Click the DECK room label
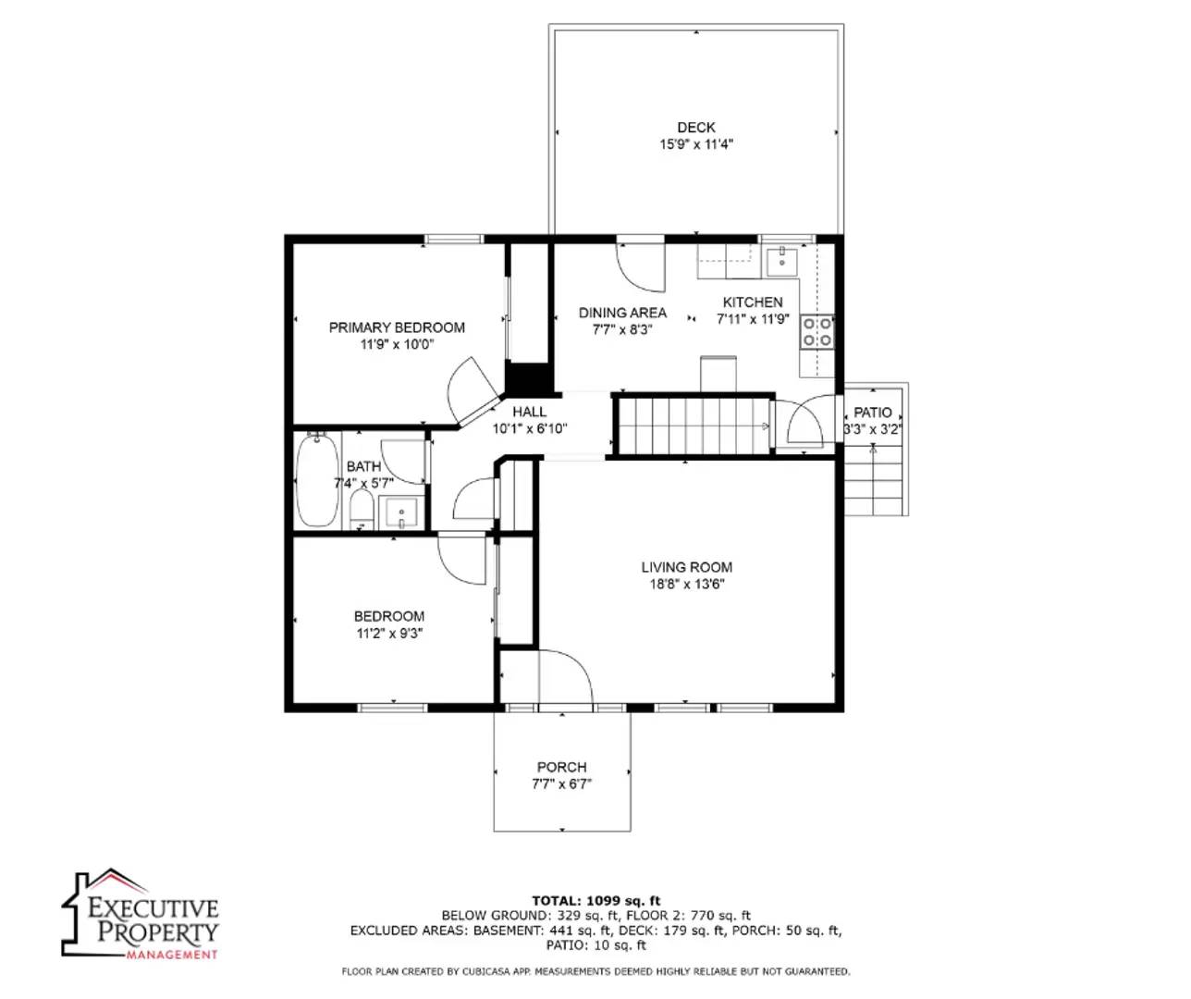click(x=695, y=128)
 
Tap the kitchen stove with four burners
click(x=817, y=332)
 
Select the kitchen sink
click(x=782, y=261)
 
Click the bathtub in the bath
click(x=316, y=481)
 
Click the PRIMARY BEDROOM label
click(x=397, y=327)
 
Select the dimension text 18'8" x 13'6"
click(x=686, y=585)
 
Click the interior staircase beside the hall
click(x=694, y=425)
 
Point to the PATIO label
click(x=872, y=413)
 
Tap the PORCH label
click(x=561, y=767)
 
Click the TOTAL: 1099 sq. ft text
click(x=595, y=900)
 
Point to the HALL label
click(x=529, y=412)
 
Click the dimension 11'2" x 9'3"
click(x=389, y=634)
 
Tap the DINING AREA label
click(x=622, y=313)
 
